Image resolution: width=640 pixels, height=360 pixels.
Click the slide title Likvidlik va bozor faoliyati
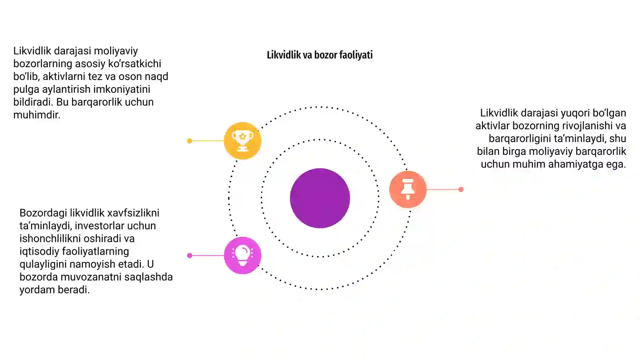(x=320, y=55)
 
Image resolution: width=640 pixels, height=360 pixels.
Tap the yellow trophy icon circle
(x=242, y=140)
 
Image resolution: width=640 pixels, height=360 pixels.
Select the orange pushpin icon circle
(x=408, y=189)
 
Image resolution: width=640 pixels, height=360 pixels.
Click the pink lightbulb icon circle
(x=242, y=256)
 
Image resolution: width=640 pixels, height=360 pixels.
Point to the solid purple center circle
(x=320, y=198)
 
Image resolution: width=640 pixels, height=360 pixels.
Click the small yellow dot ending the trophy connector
(x=190, y=141)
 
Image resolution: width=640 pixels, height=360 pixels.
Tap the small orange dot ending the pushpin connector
(x=461, y=190)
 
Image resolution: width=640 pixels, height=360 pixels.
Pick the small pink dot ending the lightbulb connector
(x=190, y=256)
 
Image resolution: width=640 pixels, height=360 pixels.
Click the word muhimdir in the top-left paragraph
(x=36, y=115)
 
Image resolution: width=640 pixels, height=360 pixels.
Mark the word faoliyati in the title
(x=356, y=55)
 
